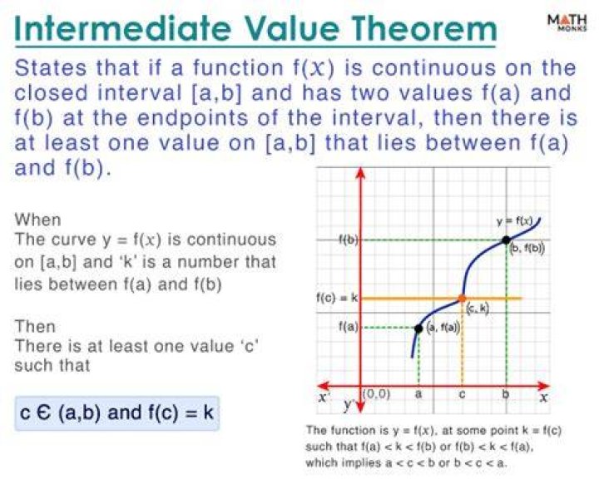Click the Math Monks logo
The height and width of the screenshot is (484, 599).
point(567,23)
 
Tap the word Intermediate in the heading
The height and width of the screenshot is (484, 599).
point(122,28)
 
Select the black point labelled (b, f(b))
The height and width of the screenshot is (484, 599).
point(506,240)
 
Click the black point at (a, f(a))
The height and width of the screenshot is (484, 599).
point(418,328)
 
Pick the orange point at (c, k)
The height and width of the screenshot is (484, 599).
point(462,299)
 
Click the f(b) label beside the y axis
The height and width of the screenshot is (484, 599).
point(348,240)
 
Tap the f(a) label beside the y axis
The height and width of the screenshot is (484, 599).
point(349,327)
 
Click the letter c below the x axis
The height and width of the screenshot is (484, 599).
point(462,394)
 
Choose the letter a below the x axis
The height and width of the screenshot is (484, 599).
point(418,394)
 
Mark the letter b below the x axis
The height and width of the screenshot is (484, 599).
point(506,393)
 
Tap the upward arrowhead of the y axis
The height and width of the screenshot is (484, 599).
point(360,173)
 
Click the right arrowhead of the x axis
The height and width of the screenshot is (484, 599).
point(543,385)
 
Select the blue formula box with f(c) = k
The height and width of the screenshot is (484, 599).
point(117,413)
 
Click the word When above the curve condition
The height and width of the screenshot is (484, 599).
point(37,220)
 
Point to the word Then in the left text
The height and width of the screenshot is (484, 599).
point(35,327)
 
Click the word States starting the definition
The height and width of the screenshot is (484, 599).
point(51,68)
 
